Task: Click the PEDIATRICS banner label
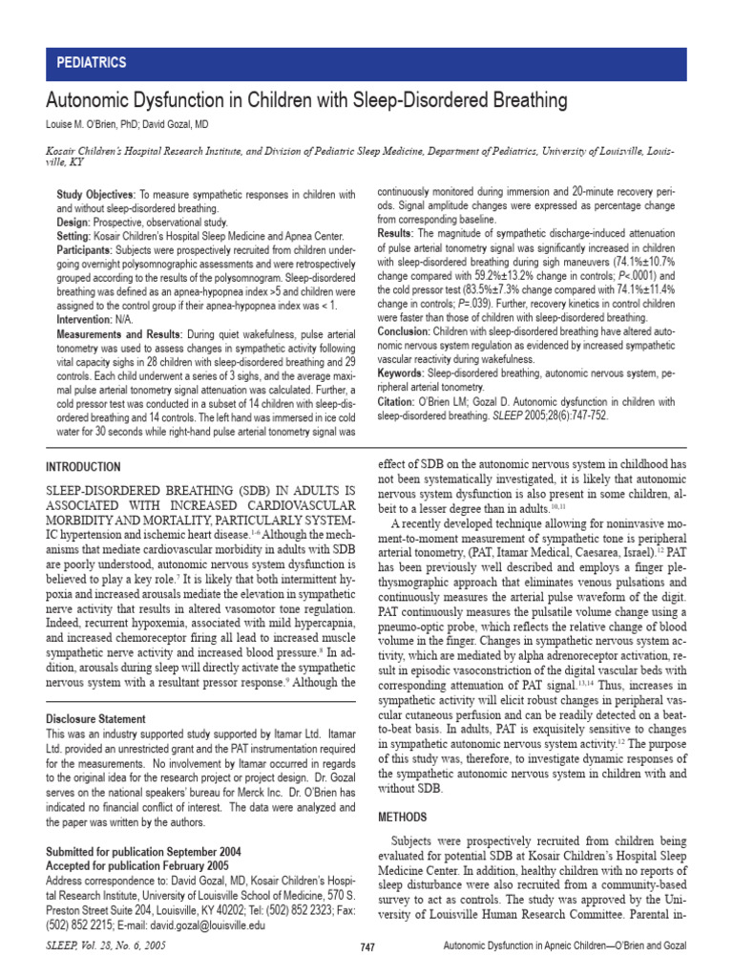(x=93, y=63)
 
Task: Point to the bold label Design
(x=74, y=221)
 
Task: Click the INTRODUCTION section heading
(x=84, y=467)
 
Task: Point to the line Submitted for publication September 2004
(x=143, y=851)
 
